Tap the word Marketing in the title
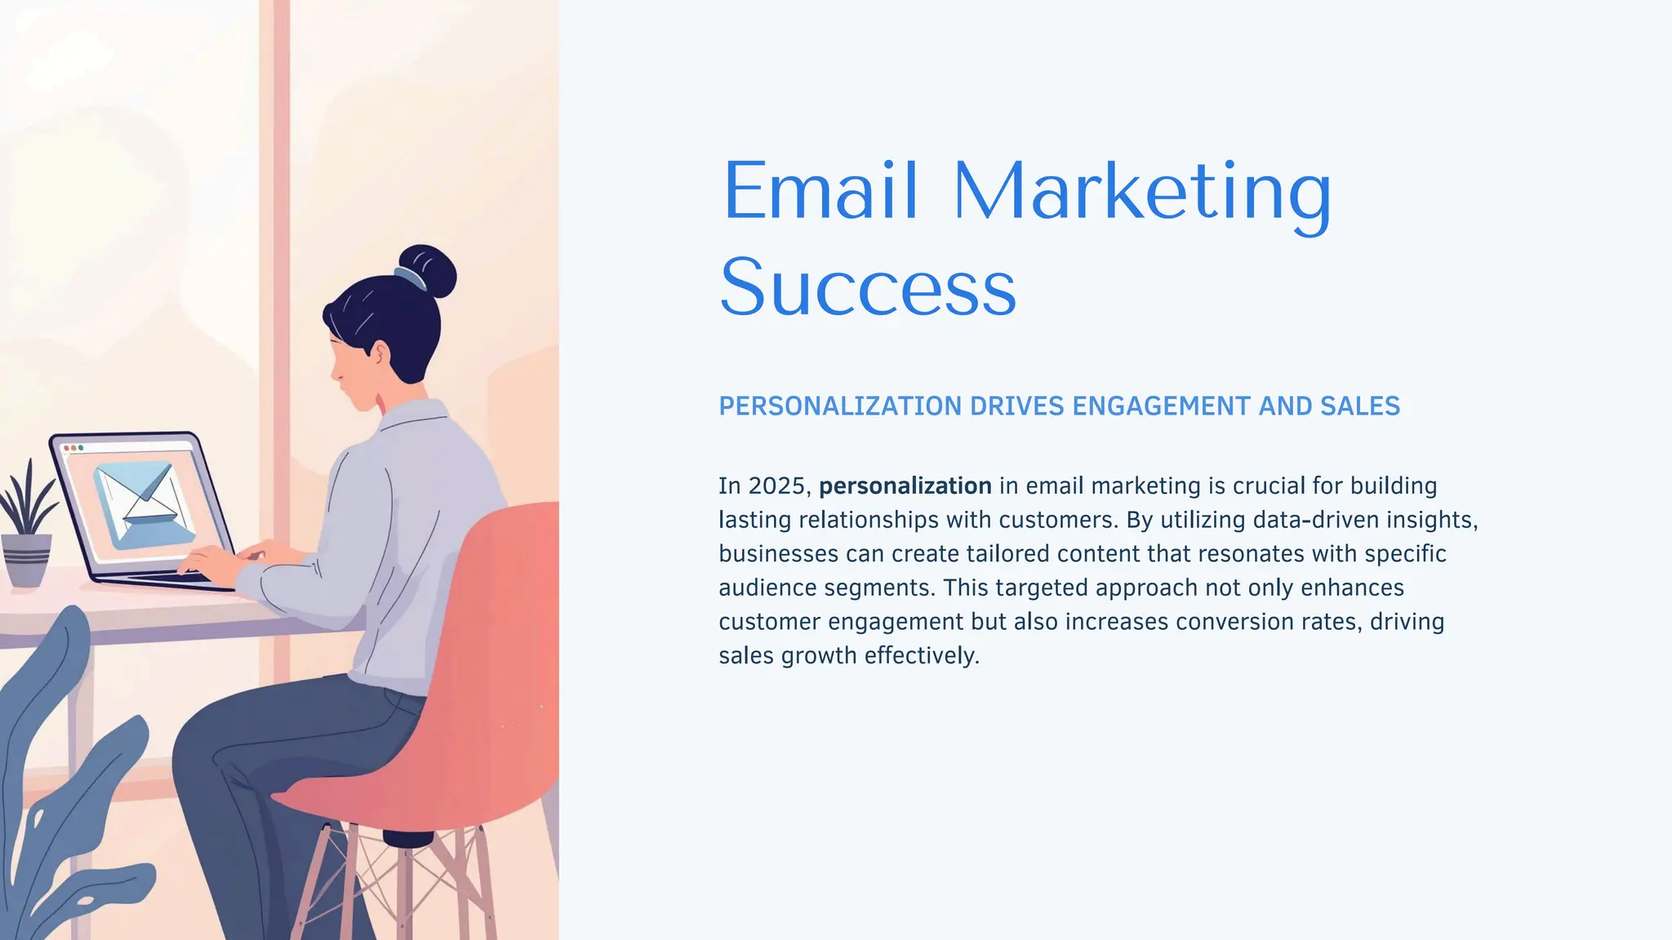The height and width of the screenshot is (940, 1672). pos(1141,193)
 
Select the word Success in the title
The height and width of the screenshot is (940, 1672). pos(868,287)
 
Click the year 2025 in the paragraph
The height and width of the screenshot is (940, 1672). pos(776,486)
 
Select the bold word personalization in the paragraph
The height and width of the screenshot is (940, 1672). pos(905,486)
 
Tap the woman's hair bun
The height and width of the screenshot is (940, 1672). pos(431,269)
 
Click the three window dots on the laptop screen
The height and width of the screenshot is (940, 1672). pos(73,448)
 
